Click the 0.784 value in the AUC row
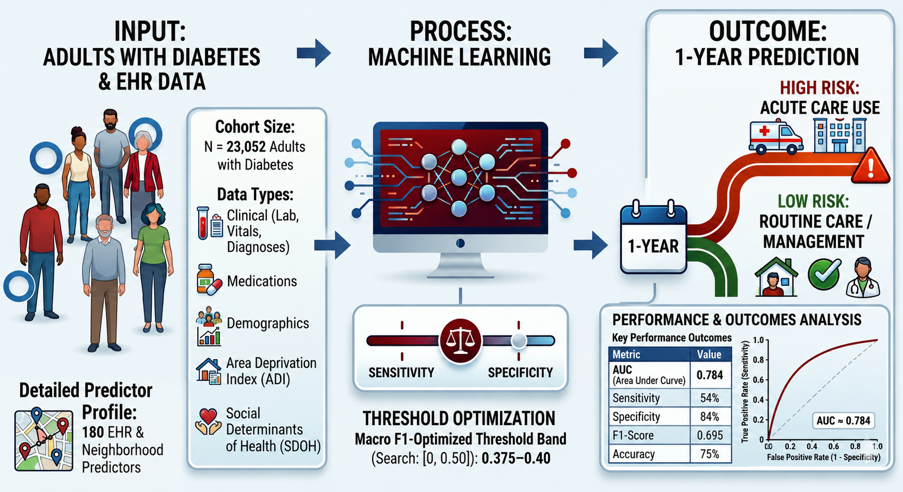pyautogui.click(x=710, y=375)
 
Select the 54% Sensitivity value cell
pyautogui.click(x=710, y=398)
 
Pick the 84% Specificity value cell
pyautogui.click(x=710, y=417)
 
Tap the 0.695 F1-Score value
pyautogui.click(x=710, y=436)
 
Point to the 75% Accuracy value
pyautogui.click(x=710, y=454)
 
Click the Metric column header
pyautogui.click(x=626, y=354)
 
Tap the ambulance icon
pyautogui.click(x=775, y=137)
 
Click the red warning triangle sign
pyautogui.click(x=871, y=166)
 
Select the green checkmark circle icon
pyautogui.click(x=824, y=274)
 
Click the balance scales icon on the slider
pyautogui.click(x=460, y=341)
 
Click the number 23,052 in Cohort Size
pyautogui.click(x=246, y=147)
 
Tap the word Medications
pyautogui.click(x=262, y=281)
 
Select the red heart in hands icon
pyautogui.click(x=208, y=421)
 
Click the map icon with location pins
pyautogui.click(x=44, y=439)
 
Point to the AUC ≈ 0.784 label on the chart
pyautogui.click(x=843, y=421)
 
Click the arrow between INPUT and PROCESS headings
pyautogui.click(x=314, y=53)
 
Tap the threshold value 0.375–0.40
pyautogui.click(x=516, y=459)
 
